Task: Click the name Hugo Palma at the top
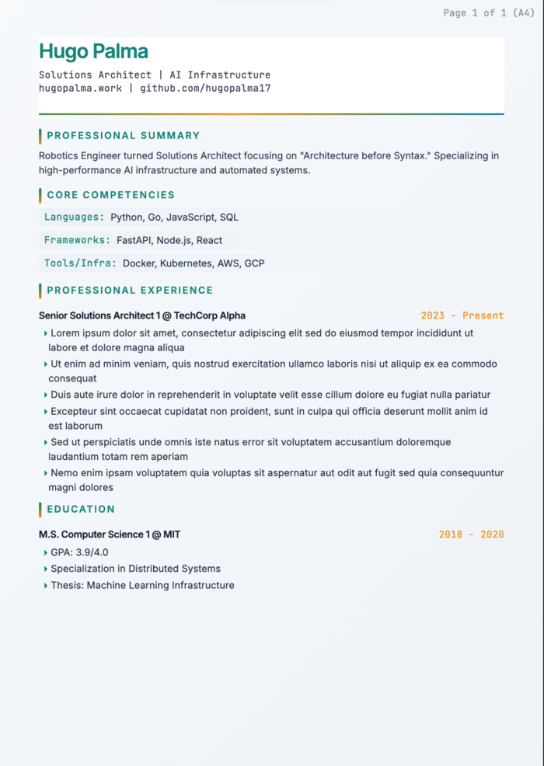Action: [x=93, y=52]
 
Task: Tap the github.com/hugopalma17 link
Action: [x=205, y=89]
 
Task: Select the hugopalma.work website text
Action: [x=80, y=89]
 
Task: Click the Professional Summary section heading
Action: [x=123, y=136]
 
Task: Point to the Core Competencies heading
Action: [x=110, y=195]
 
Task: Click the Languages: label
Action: [x=74, y=218]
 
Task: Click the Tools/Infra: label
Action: [x=80, y=263]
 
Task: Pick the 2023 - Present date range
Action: [x=462, y=315]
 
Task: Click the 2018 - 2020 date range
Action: [x=471, y=534]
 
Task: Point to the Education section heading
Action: [x=81, y=510]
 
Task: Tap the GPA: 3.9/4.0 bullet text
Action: [x=79, y=552]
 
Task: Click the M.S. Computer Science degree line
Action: [x=110, y=534]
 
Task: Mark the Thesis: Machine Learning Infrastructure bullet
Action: [x=142, y=585]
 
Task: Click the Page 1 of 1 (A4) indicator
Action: [x=488, y=12]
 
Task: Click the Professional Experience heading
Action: [x=130, y=291]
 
